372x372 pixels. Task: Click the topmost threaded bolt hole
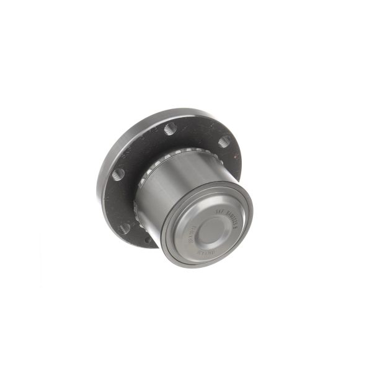[x=170, y=129]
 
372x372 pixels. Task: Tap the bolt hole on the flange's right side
[x=224, y=141]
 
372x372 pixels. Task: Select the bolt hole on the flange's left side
[x=118, y=174]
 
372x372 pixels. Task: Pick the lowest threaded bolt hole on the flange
[x=125, y=228]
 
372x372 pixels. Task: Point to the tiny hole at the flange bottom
[x=148, y=239]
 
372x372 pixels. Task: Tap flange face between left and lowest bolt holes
[x=118, y=201]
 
